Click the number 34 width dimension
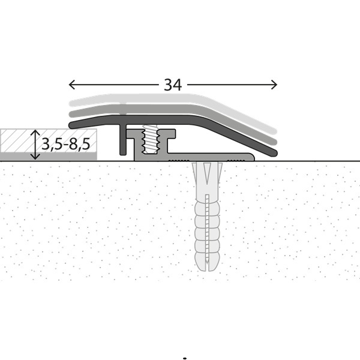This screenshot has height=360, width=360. [x=173, y=85]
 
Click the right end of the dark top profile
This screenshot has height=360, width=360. [x=274, y=152]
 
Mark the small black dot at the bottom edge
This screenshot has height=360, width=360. [x=185, y=358]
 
